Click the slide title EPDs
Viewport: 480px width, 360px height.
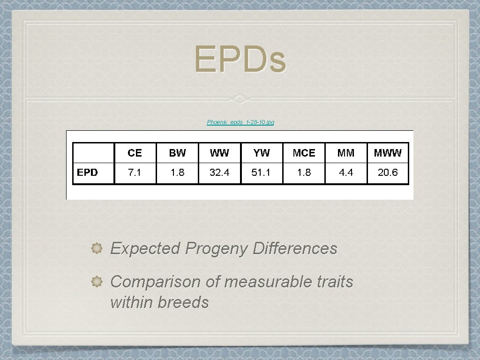pos(240,60)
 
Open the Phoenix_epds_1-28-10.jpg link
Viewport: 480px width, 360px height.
pos(240,122)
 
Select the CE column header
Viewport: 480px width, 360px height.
pos(135,153)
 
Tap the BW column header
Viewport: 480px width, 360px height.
pos(177,153)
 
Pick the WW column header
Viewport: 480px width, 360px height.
pos(219,153)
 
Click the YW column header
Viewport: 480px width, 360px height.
pos(262,153)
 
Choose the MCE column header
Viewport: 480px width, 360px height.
pos(304,153)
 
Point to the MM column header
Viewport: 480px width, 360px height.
pos(346,153)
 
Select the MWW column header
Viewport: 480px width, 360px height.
pos(388,153)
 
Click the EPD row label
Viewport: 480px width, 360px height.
pos(88,172)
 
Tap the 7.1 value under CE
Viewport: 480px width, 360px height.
pos(135,173)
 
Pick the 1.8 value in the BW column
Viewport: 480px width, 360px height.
pos(177,173)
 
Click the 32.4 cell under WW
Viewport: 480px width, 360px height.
pos(219,173)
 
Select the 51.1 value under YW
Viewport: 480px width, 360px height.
pos(261,173)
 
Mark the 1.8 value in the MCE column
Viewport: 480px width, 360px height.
pos(304,173)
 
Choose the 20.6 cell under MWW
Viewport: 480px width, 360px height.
pos(388,173)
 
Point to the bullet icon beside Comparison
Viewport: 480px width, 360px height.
pos(97,282)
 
